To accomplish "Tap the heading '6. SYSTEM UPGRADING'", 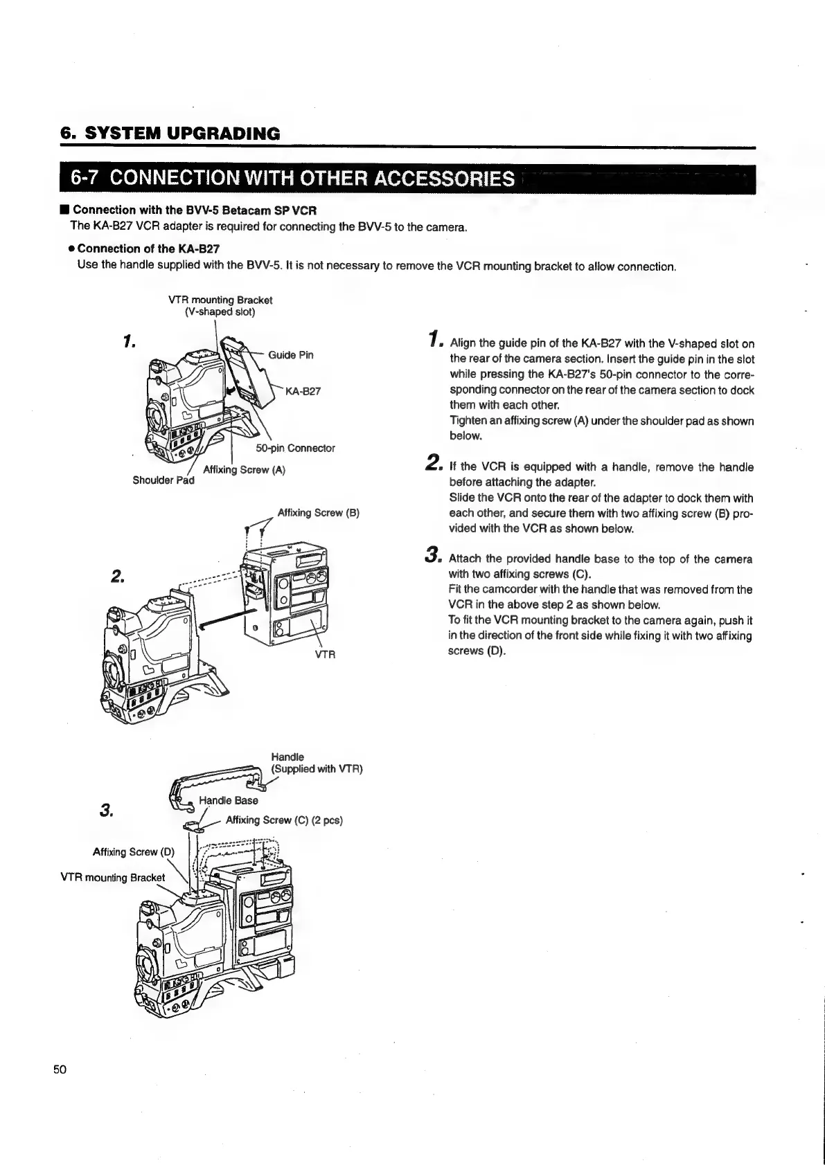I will (170, 134).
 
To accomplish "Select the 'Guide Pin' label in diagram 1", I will (290, 355).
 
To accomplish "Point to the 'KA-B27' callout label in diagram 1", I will (303, 391).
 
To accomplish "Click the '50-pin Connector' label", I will (295, 448).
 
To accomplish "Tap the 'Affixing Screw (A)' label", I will (244, 470).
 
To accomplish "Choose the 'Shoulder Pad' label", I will (163, 481).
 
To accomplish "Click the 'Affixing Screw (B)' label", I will (318, 513).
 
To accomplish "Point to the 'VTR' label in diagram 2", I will (325, 654).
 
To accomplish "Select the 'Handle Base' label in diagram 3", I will (228, 800).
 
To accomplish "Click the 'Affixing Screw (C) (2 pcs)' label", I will (284, 820).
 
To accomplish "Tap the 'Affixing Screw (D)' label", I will (134, 851).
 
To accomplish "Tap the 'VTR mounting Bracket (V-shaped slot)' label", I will (220, 305).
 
